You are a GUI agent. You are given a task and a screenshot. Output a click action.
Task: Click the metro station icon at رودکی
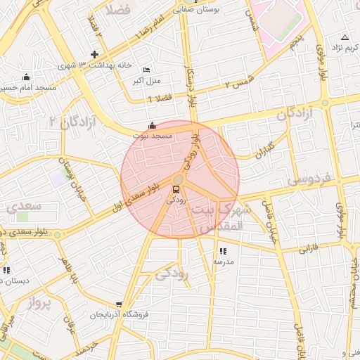[176, 188]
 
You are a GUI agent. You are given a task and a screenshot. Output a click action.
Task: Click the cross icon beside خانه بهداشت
[95, 55]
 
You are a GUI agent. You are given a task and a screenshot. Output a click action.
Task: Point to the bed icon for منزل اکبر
[146, 70]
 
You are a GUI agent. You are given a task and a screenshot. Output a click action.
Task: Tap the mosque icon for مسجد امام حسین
[27, 77]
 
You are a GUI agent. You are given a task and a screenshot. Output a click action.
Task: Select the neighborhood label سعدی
[25, 207]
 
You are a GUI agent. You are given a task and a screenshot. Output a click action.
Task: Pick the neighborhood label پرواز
[41, 303]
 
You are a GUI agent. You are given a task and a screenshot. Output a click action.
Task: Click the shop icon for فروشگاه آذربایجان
[120, 306]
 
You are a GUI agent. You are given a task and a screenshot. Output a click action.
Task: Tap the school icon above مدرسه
[223, 251]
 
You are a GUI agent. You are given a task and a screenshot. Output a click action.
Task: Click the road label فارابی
[309, 248]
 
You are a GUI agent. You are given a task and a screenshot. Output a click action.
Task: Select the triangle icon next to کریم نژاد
[345, 37]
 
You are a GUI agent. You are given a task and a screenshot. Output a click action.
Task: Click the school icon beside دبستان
[6, 270]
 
